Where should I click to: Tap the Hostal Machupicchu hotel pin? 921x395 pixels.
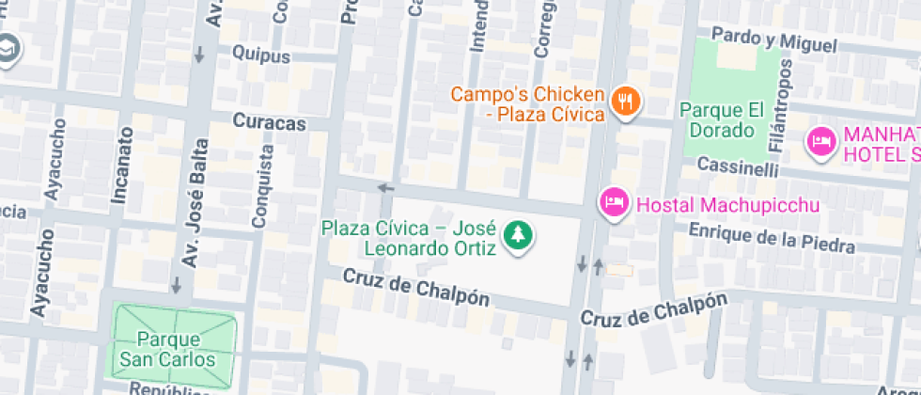[x=614, y=203]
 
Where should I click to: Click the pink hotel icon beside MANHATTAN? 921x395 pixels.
[x=821, y=143]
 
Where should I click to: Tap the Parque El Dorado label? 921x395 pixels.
[x=718, y=121]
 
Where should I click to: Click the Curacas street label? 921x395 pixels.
[x=269, y=124]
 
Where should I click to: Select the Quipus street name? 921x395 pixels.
[x=260, y=55]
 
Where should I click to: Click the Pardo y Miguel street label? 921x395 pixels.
[x=773, y=39]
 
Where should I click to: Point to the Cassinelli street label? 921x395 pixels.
[x=740, y=166]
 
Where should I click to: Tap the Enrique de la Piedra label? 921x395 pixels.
[x=772, y=238]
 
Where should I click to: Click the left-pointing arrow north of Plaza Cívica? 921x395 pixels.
[x=385, y=188]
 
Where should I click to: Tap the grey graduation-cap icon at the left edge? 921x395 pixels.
[x=8, y=49]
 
